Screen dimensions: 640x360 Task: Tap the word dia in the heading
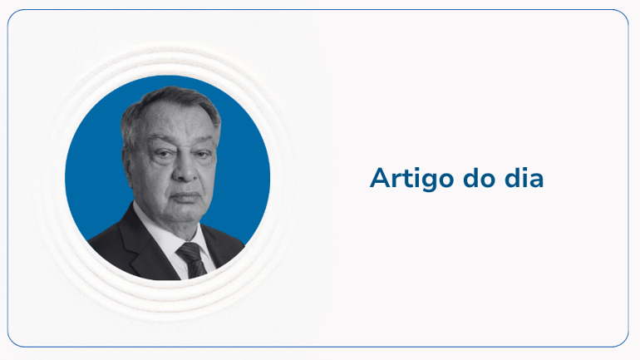[524, 178]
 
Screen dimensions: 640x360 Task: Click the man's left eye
[203, 155]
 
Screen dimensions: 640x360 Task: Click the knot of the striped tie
[189, 250]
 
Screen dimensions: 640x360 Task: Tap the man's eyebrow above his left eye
[205, 143]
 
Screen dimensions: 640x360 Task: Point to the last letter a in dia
[534, 180]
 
